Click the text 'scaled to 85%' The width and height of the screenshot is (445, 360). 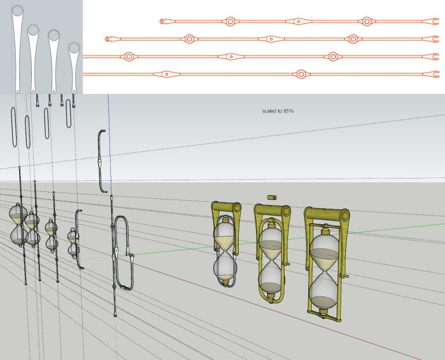pyautogui.click(x=278, y=111)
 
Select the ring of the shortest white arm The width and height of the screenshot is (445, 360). pyautogui.click(x=74, y=48)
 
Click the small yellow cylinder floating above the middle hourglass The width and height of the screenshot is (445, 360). pyautogui.click(x=272, y=197)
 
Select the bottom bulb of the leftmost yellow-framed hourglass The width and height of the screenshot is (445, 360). pyautogui.click(x=224, y=267)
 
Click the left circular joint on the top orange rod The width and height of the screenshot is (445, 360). pyautogui.click(x=230, y=21)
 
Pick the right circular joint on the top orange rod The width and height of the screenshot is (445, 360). pyautogui.click(x=367, y=21)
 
